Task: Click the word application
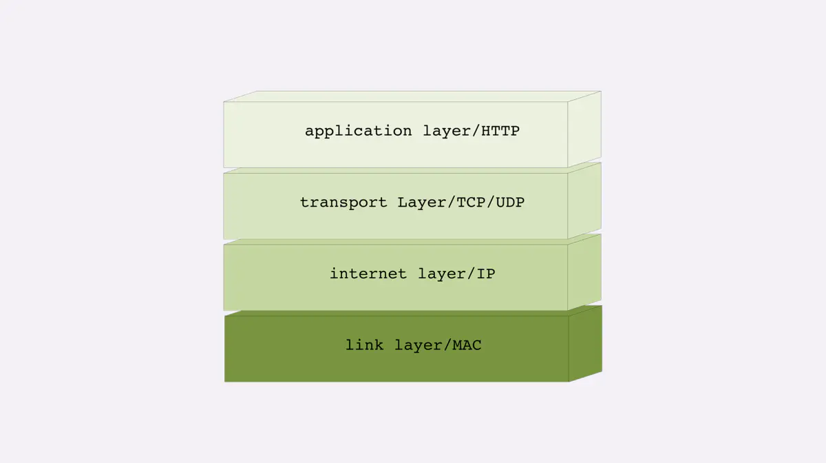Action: coord(358,132)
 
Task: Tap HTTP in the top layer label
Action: coord(500,131)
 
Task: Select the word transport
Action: coord(343,203)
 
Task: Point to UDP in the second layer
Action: coord(510,203)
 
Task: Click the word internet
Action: coord(368,274)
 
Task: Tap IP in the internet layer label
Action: coord(486,274)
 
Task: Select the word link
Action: coord(364,345)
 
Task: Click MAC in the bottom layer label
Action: coord(467,345)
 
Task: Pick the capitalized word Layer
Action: coord(422,203)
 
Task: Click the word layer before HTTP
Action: coord(447,132)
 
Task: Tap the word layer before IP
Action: coord(442,274)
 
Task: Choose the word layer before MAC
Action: coord(419,346)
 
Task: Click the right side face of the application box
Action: coord(584,130)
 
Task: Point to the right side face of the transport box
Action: coord(584,201)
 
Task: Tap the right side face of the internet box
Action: coord(584,272)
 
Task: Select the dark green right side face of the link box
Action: coord(586,344)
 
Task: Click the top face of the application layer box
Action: coord(412,96)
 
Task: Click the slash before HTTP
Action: coord(476,132)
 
